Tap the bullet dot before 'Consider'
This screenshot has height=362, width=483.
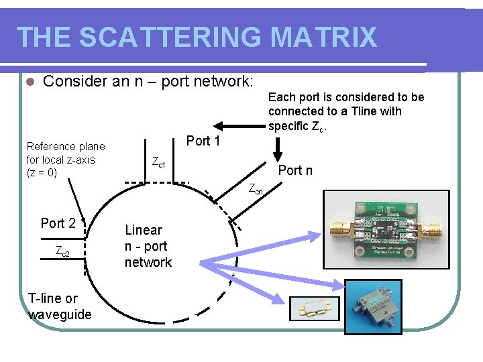(x=28, y=82)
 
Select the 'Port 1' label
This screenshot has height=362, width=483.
(x=203, y=141)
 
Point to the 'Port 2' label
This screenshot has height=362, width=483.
(x=58, y=223)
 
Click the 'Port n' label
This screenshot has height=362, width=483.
(x=295, y=170)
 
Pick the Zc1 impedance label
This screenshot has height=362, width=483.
(x=158, y=162)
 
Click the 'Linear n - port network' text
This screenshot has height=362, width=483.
(x=148, y=246)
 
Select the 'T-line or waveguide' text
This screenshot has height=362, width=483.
(x=60, y=306)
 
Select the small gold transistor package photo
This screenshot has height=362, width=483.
(x=315, y=309)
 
